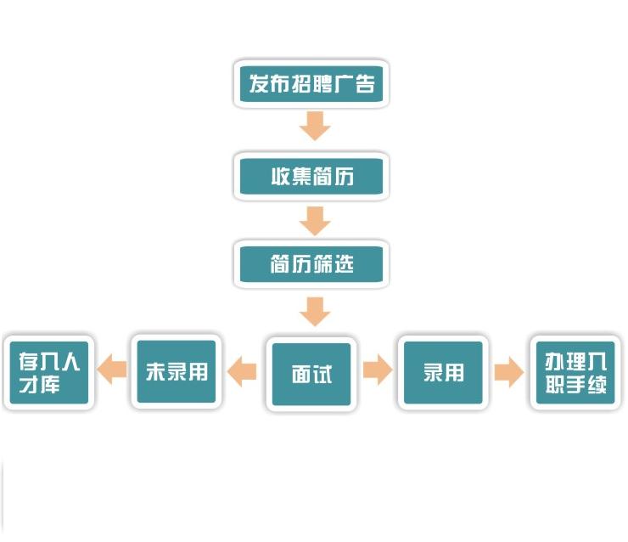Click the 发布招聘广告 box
pyautogui.click(x=311, y=84)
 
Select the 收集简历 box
pyautogui.click(x=311, y=177)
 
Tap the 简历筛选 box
pyautogui.click(x=311, y=264)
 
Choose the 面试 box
pyautogui.click(x=311, y=374)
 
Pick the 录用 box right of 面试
pyautogui.click(x=443, y=373)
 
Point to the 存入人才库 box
pyautogui.click(x=49, y=374)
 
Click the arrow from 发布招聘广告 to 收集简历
pyautogui.click(x=315, y=127)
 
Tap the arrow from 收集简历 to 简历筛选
pyautogui.click(x=315, y=221)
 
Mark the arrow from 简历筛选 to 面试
pyautogui.click(x=315, y=311)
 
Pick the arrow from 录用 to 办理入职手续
pyautogui.click(x=508, y=372)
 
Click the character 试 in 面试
pyautogui.click(x=322, y=375)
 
